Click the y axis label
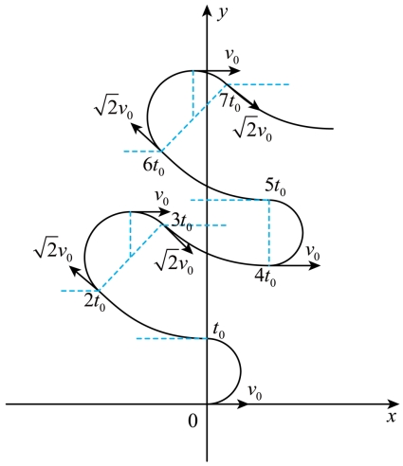pyautogui.click(x=223, y=14)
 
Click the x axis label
pyautogui.click(x=392, y=417)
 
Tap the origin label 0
pyautogui.click(x=192, y=421)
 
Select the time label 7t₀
pyautogui.click(x=229, y=102)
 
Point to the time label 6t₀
pyautogui.click(x=154, y=166)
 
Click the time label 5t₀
pyautogui.click(x=275, y=187)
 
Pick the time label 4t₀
pyautogui.click(x=266, y=278)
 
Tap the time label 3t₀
pyautogui.click(x=181, y=222)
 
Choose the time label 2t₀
pyautogui.click(x=95, y=302)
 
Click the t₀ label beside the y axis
pyautogui.click(x=219, y=331)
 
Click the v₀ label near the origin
pyautogui.click(x=255, y=392)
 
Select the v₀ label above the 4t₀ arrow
pyautogui.click(x=313, y=253)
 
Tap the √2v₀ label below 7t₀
pyautogui.click(x=253, y=129)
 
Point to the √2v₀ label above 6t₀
pyautogui.click(x=114, y=107)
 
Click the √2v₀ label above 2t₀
pyautogui.click(x=53, y=249)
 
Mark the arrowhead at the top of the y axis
pyautogui.click(x=207, y=10)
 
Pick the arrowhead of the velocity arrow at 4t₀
pyautogui.click(x=315, y=265)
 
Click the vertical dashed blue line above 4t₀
pyautogui.click(x=269, y=232)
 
